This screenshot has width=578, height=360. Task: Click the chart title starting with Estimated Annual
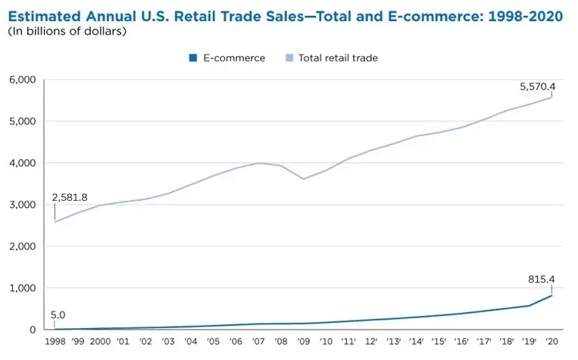pos(285,16)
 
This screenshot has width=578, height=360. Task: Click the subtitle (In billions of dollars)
pos(67,32)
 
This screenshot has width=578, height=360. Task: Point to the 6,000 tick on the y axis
pos(22,80)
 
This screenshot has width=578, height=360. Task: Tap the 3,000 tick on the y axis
pos(22,205)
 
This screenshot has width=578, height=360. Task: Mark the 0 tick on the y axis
pos(32,330)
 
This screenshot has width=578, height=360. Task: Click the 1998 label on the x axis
pos(55,343)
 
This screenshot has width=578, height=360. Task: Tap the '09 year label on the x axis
pos(304,343)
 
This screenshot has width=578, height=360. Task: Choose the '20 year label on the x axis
pos(552,343)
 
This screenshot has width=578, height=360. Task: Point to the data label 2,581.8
pos(70,197)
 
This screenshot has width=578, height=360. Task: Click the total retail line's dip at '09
pos(304,179)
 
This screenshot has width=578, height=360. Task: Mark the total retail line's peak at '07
pos(258,163)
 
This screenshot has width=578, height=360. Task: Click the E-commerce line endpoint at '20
pos(552,296)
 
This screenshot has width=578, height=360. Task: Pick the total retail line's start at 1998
pos(55,222)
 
